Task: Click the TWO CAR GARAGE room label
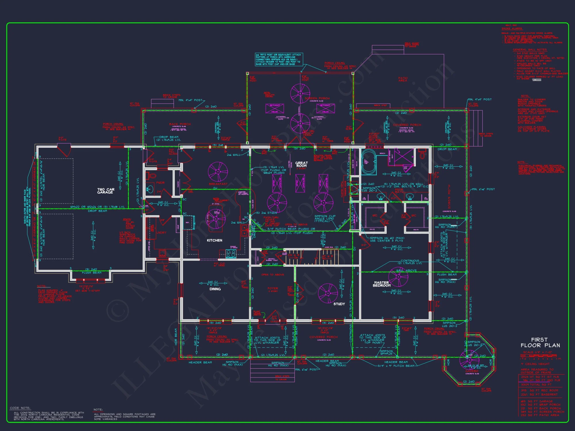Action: [106, 191]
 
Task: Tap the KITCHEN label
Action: [214, 240]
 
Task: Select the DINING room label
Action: [215, 289]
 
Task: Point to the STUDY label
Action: [339, 304]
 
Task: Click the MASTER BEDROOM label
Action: [382, 284]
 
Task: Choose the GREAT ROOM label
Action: [301, 164]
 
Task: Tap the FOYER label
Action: [273, 288]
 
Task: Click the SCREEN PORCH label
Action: [317, 98]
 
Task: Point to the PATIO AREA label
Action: [403, 79]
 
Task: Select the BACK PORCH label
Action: [180, 124]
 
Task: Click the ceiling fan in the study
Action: [328, 293]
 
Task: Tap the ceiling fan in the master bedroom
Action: [398, 277]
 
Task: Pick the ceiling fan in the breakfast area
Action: [218, 172]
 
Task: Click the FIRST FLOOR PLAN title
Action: [540, 342]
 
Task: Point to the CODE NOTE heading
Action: [20, 408]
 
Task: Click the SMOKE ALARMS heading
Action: [512, 28]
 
